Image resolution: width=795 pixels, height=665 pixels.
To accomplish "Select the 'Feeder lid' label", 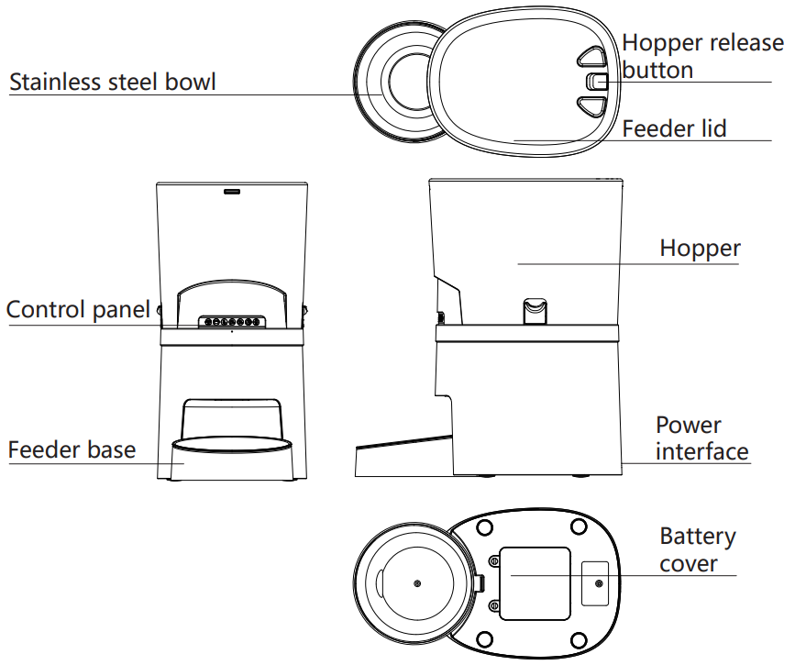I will click(x=673, y=128).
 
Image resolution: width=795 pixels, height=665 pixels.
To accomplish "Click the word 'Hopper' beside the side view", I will click(x=700, y=249).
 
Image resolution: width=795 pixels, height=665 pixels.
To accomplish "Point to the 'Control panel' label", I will click(x=78, y=309).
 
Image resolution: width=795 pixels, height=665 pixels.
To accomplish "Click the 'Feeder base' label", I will click(x=72, y=450).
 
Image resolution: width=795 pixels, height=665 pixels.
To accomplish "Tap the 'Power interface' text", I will click(x=701, y=438).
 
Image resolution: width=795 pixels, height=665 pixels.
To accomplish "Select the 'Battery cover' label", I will click(x=697, y=549).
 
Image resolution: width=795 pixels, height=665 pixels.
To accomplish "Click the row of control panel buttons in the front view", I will click(x=231, y=322).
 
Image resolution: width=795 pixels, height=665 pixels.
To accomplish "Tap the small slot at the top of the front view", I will click(x=231, y=192).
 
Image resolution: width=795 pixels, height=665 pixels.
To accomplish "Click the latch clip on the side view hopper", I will click(x=535, y=311).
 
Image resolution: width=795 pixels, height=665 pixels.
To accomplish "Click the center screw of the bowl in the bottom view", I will click(x=417, y=583).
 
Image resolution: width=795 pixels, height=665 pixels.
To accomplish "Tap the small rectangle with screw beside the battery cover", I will click(x=597, y=583).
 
